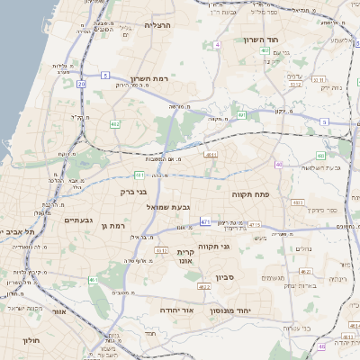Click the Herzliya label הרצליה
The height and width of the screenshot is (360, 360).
point(163,25)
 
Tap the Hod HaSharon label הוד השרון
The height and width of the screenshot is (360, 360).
point(262,40)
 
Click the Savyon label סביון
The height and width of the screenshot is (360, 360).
point(225,277)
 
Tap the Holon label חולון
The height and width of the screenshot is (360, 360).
point(30,341)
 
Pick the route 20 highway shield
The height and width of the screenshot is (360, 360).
point(81,84)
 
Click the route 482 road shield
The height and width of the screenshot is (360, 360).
point(115,122)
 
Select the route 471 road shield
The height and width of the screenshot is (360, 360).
point(206,220)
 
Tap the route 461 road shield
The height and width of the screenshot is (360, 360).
point(93,280)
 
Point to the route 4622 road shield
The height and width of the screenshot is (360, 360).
point(204,287)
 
